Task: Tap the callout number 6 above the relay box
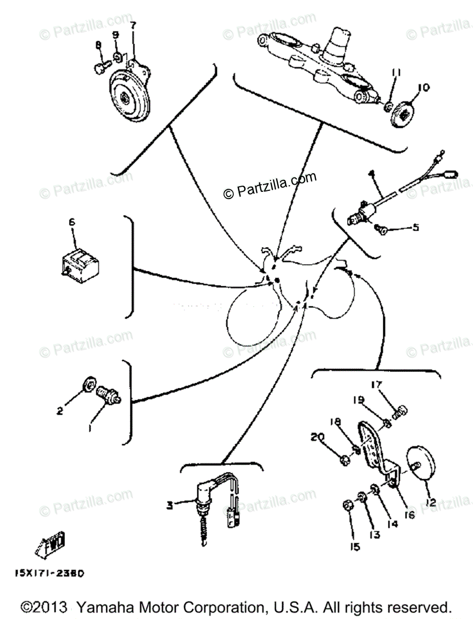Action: tap(72, 222)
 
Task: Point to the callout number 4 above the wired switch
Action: tap(370, 176)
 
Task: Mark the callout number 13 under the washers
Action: tap(375, 534)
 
